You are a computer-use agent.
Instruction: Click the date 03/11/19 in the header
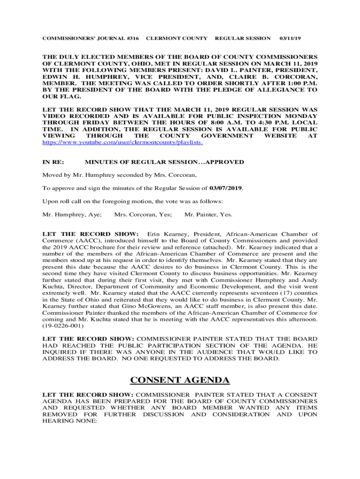pyautogui.click(x=290, y=38)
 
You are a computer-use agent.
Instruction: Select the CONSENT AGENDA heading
pyautogui.click(x=180, y=380)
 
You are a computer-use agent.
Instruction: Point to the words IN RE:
pyautogui.click(x=53, y=162)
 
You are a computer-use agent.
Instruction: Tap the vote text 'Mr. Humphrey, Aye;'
pyautogui.click(x=72, y=215)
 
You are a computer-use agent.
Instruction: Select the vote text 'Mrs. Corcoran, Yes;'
pyautogui.click(x=143, y=215)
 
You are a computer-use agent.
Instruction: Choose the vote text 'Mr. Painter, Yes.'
pyautogui.click(x=209, y=215)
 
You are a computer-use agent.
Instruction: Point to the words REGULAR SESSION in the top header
pyautogui.click(x=242, y=38)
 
